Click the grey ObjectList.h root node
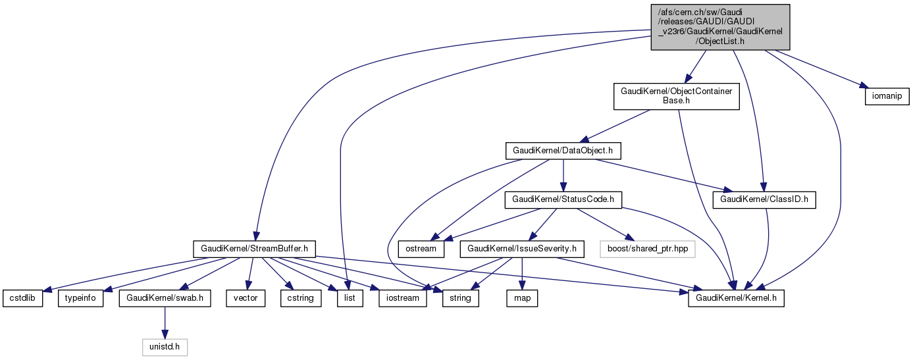(720, 27)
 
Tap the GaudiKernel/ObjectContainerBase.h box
(676, 96)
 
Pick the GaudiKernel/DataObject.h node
(563, 150)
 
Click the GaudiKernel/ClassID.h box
(765, 199)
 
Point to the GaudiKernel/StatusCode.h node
(563, 199)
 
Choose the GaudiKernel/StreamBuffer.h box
(255, 249)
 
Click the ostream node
(421, 249)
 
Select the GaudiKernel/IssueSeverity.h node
(522, 249)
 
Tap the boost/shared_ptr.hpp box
(646, 249)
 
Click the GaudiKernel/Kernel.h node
(736, 298)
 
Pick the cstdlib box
(22, 298)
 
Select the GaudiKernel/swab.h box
(165, 298)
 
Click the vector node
(246, 298)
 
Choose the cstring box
(300, 298)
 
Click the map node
(522, 298)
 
